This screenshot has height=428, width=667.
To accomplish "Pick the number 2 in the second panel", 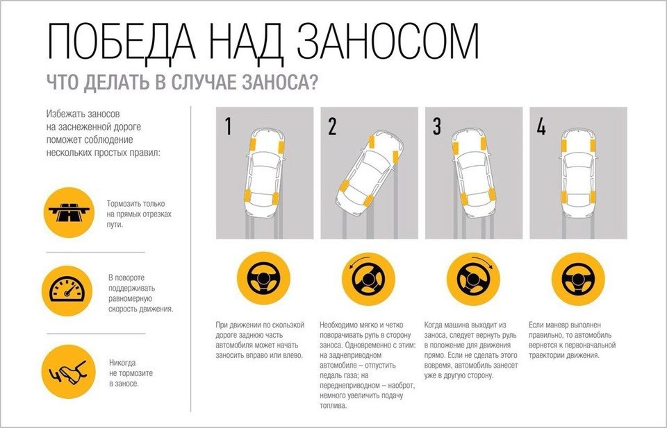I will click(x=332, y=127).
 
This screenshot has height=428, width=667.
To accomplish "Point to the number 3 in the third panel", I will click(x=436, y=127).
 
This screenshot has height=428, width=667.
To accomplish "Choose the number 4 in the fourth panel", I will click(x=541, y=127).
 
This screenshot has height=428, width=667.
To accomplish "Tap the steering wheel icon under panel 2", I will click(x=368, y=280).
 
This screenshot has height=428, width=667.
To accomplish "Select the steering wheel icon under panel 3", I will click(x=473, y=280).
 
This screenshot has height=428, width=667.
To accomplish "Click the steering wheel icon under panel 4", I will click(x=577, y=280).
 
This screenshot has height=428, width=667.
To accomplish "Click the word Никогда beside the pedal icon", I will click(x=123, y=362).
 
